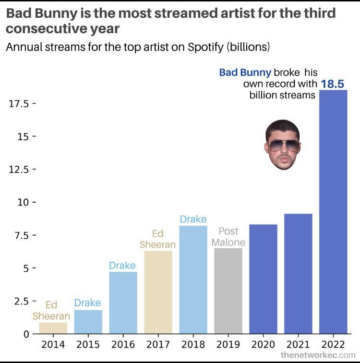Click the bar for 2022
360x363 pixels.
333,211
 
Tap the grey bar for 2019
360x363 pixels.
228,290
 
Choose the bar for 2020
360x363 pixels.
263,278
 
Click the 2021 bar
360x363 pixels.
298,273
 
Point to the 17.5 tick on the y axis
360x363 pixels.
20,103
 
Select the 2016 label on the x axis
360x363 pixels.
123,344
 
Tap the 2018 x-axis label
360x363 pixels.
193,344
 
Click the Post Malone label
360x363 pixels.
228,237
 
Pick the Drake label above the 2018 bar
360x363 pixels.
193,219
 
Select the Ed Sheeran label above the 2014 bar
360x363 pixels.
51,311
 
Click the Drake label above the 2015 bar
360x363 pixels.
87,303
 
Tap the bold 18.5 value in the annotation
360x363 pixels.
333,84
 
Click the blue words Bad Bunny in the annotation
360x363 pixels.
245,73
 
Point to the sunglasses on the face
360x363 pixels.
283,145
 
